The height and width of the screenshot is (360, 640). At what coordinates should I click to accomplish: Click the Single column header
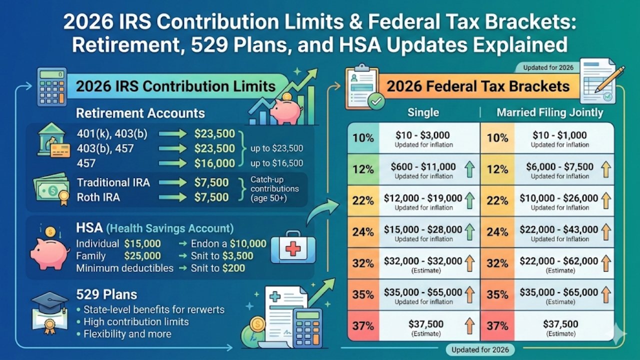[x=423, y=112]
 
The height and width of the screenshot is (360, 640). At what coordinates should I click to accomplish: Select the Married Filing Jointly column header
[x=549, y=112]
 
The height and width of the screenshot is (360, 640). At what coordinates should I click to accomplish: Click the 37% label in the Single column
[x=363, y=326]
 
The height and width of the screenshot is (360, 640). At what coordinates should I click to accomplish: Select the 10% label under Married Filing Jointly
[x=497, y=137]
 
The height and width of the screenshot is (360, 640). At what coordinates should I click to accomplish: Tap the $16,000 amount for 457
[x=214, y=163]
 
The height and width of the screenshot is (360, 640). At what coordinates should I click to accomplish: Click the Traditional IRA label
[x=113, y=182]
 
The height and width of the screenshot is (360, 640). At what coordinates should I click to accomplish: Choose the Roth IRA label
[x=98, y=197]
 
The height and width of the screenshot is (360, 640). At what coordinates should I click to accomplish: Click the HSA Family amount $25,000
[x=142, y=256]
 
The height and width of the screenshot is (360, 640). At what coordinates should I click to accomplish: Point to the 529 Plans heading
[x=106, y=294]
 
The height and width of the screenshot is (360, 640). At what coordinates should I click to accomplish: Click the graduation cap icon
[x=48, y=302]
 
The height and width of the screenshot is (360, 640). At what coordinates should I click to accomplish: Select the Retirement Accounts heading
[x=140, y=113]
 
